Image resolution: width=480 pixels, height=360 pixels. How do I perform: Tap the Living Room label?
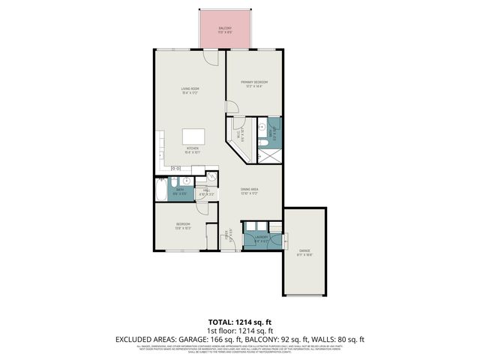pyautogui.click(x=190, y=91)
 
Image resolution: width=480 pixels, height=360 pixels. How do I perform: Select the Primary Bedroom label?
pyautogui.click(x=254, y=83)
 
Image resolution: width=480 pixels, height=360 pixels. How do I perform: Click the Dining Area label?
pyautogui.click(x=250, y=190)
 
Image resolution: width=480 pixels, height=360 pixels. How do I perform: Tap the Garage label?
pyautogui.click(x=304, y=252)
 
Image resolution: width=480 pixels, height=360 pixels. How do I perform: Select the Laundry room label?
pyautogui.click(x=262, y=238)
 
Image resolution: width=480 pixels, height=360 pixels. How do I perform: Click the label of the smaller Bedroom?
pyautogui.click(x=184, y=226)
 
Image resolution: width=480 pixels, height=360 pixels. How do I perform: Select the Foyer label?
pyautogui.click(x=228, y=236)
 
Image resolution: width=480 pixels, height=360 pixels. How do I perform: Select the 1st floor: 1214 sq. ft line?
pyautogui.click(x=240, y=331)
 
